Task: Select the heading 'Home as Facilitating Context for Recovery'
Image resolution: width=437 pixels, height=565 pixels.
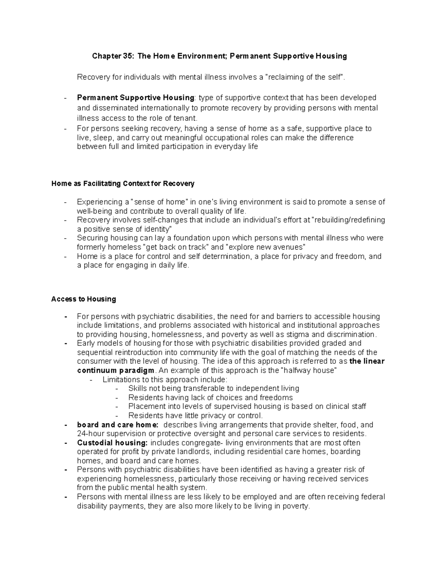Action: coord(123,183)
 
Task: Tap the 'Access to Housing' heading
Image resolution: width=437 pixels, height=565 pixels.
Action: coord(83,299)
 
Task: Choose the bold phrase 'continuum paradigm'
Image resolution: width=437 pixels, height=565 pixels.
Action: coord(116,370)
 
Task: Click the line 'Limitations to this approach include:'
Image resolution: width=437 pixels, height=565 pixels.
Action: coord(165,379)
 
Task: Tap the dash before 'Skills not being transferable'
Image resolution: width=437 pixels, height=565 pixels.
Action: coord(117,389)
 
